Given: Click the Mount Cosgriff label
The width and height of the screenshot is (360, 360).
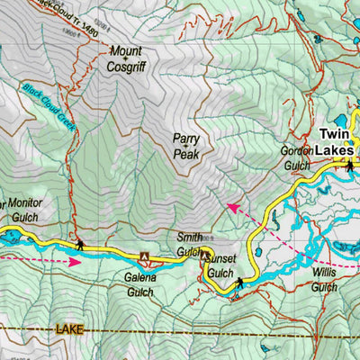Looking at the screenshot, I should click(x=126, y=60).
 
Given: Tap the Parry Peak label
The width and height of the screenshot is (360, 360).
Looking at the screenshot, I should click(x=186, y=146).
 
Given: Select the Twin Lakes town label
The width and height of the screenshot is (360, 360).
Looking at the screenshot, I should click(x=338, y=143).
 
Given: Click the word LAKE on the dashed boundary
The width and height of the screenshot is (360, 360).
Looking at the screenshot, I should click(x=68, y=330).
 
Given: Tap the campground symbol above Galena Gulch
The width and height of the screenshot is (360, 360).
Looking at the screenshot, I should click(x=144, y=256).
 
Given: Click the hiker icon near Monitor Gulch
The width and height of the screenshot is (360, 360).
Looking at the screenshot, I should click(x=80, y=244).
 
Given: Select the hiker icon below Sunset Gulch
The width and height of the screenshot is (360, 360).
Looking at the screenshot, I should click(x=239, y=283).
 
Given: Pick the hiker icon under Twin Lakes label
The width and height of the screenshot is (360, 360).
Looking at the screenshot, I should click(x=349, y=165).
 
